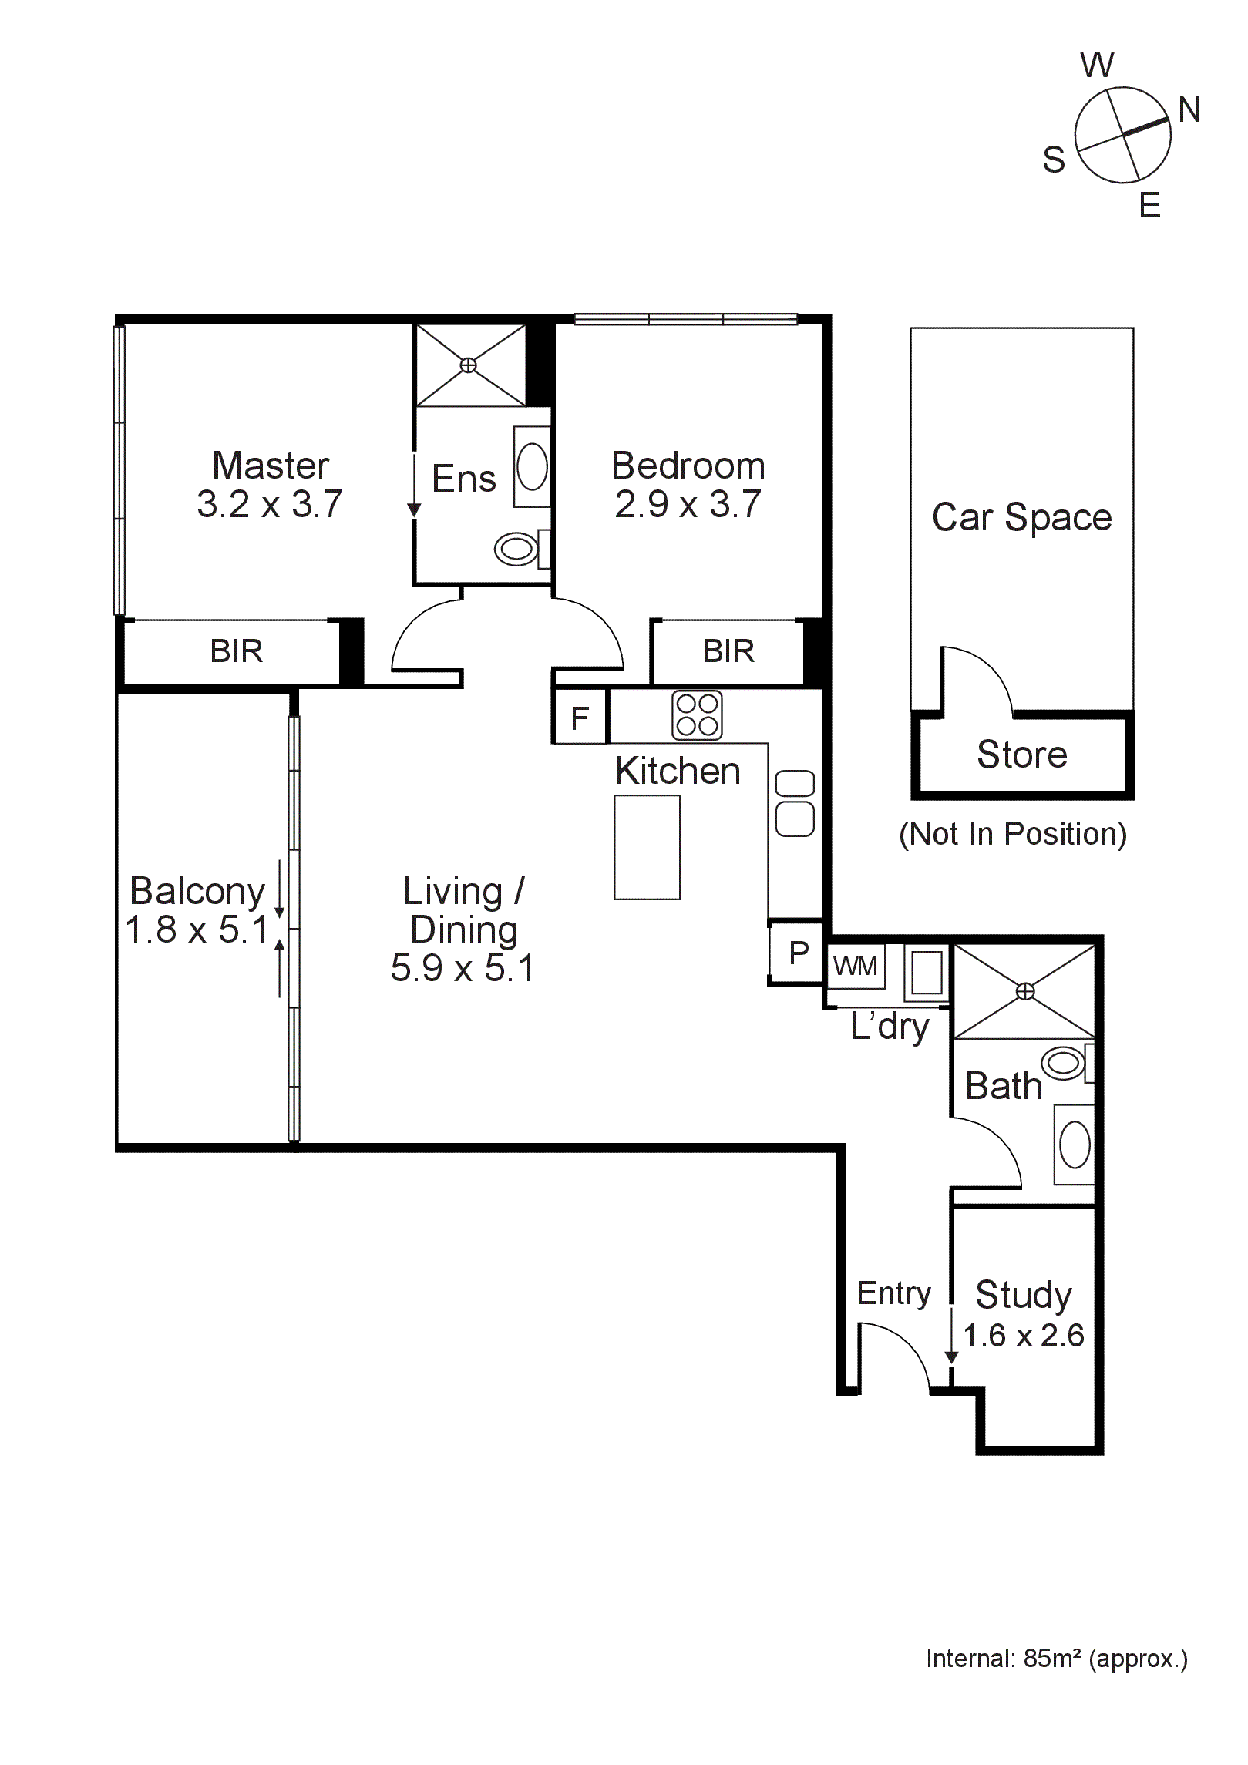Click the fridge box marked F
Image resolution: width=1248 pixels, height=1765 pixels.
[x=580, y=718]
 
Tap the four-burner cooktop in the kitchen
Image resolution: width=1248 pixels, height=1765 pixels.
[x=697, y=715]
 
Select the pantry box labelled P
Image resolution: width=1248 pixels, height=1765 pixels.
[x=798, y=953]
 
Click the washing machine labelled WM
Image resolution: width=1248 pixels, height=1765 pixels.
[x=855, y=966]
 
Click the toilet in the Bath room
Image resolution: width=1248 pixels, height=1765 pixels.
[x=1065, y=1064]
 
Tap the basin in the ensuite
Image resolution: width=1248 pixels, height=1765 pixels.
[x=531, y=466]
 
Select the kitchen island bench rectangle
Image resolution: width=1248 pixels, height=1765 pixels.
[x=647, y=847]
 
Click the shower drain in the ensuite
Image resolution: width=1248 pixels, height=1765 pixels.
[x=468, y=365]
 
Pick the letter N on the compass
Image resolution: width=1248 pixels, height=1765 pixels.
[x=1189, y=110]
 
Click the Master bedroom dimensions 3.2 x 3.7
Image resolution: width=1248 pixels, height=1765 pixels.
[x=270, y=504]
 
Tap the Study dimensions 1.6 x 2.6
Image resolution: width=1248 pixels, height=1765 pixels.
[x=1024, y=1336]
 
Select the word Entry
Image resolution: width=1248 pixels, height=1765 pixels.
[x=893, y=1293]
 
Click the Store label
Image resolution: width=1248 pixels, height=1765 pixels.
[x=1021, y=754]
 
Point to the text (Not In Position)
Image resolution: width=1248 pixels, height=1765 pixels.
[x=1013, y=834]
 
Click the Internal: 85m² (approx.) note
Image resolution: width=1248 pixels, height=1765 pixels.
[x=1056, y=1659]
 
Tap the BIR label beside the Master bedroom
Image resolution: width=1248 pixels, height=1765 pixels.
[x=236, y=651]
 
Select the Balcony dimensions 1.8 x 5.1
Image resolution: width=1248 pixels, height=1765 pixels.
[x=196, y=930]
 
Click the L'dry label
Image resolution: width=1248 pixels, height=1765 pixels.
[x=890, y=1027]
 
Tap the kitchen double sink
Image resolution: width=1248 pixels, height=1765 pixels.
[x=795, y=803]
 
